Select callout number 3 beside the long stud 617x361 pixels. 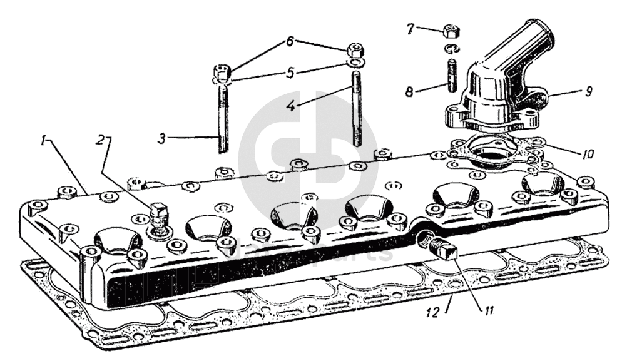(161, 138)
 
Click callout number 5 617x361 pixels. (290, 73)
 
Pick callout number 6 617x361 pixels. (290, 42)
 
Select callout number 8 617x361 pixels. (409, 91)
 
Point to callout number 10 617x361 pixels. (586, 153)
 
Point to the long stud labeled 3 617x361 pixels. (221, 119)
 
